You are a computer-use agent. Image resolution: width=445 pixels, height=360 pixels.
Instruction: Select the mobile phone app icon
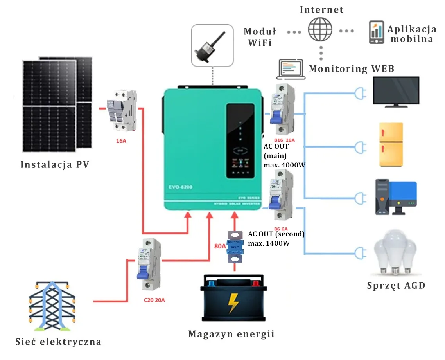[376, 32]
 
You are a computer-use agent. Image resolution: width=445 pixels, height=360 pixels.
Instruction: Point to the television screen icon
[396, 92]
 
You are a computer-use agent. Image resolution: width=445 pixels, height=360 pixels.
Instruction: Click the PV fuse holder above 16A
[122, 110]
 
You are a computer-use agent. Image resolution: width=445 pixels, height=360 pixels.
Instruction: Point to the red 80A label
[220, 247]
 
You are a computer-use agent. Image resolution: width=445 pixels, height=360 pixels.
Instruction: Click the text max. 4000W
[285, 165]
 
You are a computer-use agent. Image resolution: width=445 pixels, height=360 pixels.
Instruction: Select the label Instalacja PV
[55, 164]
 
